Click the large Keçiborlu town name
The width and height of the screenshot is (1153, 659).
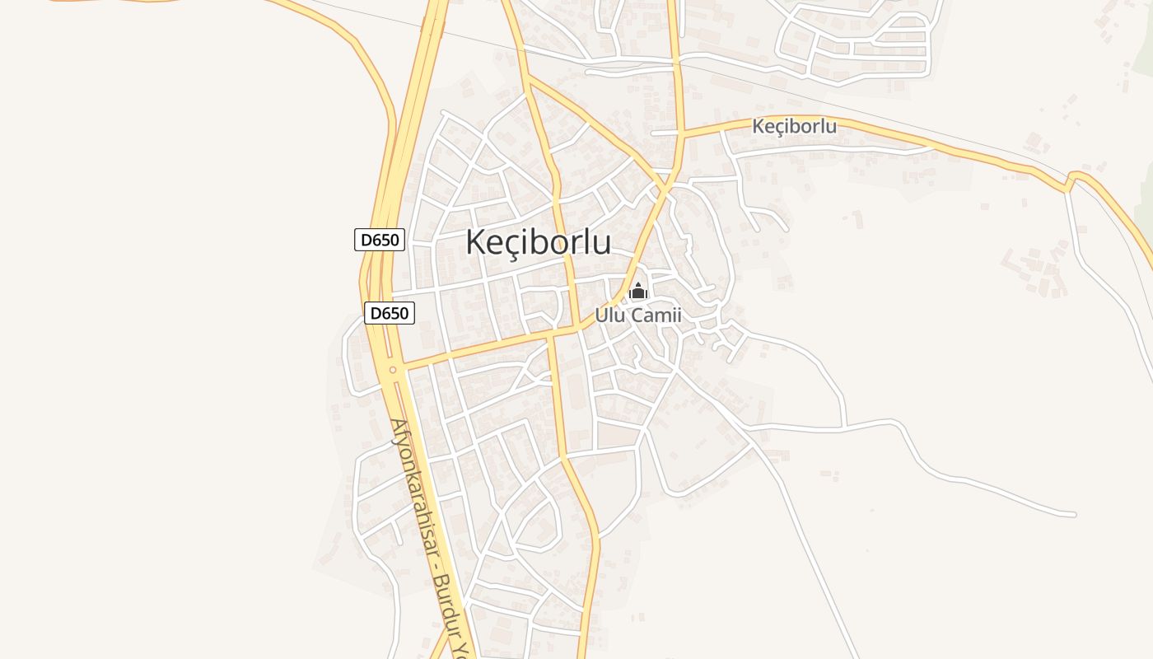[x=538, y=243]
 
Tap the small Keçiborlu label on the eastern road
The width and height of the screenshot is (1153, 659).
[x=794, y=126]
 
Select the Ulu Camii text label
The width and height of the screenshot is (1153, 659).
[x=638, y=315]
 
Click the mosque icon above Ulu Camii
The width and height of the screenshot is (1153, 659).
[x=638, y=291]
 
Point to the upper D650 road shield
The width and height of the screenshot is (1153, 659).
[x=380, y=240]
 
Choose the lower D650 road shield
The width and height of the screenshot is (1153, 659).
[x=390, y=313]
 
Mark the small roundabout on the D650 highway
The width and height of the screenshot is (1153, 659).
[x=393, y=370]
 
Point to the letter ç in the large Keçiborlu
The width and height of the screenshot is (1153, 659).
[x=508, y=245]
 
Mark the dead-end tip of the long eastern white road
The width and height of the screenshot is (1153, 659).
[x=1074, y=515]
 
